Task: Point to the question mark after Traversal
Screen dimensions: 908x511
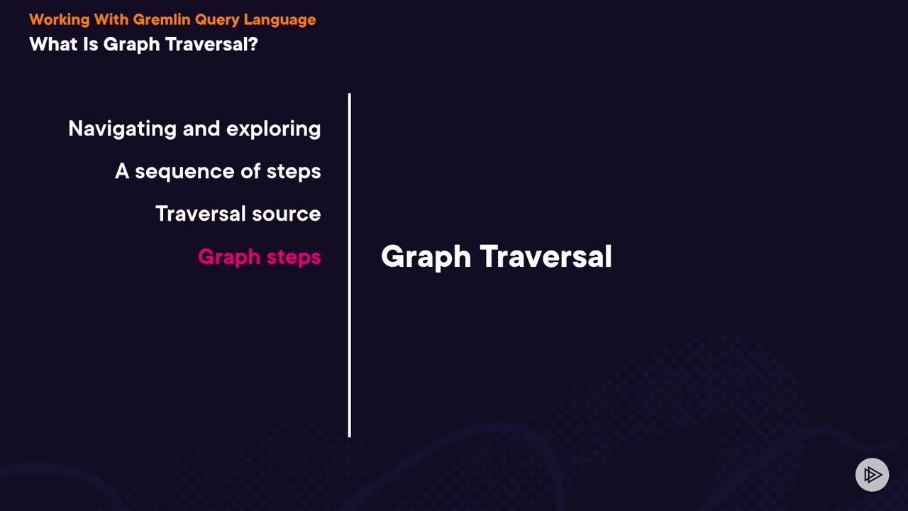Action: pyautogui.click(x=254, y=44)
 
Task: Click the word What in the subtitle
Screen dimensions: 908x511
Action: pyautogui.click(x=53, y=44)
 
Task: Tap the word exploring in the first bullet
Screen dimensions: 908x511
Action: pyautogui.click(x=274, y=129)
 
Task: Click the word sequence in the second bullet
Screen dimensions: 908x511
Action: pyautogui.click(x=184, y=172)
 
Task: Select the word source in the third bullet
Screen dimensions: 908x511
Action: pyautogui.click(x=286, y=214)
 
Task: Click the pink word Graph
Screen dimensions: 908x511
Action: pyautogui.click(x=229, y=257)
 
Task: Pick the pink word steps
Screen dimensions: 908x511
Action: pyautogui.click(x=294, y=257)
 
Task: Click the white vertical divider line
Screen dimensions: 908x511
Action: pyautogui.click(x=350, y=265)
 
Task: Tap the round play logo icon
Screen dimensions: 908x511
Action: pyautogui.click(x=872, y=475)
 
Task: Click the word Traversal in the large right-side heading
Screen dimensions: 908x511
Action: pyautogui.click(x=546, y=256)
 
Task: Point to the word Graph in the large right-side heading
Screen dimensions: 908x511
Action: pyautogui.click(x=426, y=257)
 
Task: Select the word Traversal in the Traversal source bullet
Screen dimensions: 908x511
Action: pyautogui.click(x=201, y=214)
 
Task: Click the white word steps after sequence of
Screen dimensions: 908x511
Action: pyautogui.click(x=294, y=172)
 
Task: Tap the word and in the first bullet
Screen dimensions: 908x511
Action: pyautogui.click(x=201, y=128)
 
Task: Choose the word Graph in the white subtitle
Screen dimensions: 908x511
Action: pyautogui.click(x=131, y=45)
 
